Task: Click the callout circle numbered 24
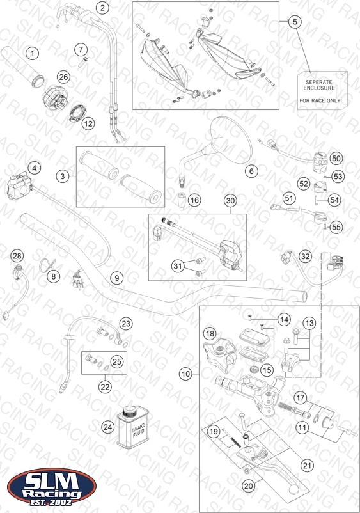(108, 427)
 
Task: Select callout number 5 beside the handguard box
(295, 22)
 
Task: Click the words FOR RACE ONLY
(320, 101)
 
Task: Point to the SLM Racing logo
(52, 487)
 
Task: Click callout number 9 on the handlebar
(117, 278)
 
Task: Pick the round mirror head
(231, 140)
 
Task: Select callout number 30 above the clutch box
(231, 201)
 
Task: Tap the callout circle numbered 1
(32, 53)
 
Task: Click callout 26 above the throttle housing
(63, 77)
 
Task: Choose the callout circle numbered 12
(88, 123)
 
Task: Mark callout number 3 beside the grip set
(63, 177)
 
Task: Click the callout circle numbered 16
(194, 200)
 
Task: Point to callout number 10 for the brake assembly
(185, 374)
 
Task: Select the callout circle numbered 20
(249, 486)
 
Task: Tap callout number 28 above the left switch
(17, 256)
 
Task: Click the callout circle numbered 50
(336, 159)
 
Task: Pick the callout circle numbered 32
(305, 256)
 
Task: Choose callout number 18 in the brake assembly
(210, 334)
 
